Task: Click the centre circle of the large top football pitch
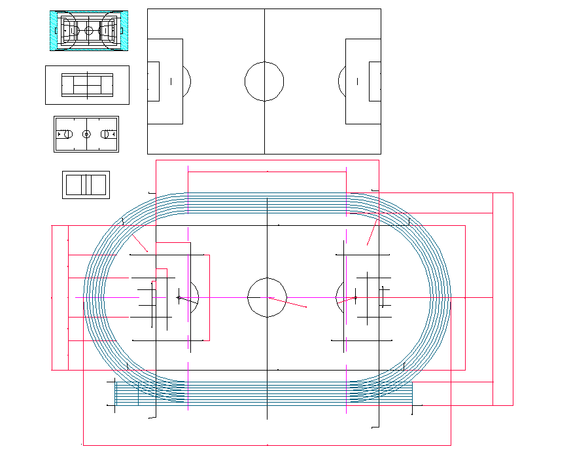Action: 264,81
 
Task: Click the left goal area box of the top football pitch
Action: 154,81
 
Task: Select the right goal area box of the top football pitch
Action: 375,81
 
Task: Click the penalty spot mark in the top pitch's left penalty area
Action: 171,81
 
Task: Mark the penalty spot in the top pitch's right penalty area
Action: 358,81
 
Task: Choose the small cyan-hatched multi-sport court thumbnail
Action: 88,30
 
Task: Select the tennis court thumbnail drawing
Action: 87,85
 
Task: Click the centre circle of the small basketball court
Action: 86,134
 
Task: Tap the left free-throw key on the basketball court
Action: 64,134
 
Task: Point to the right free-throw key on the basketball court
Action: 108,134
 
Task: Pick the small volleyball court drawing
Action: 86,185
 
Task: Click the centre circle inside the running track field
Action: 267,297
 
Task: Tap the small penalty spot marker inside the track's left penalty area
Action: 178,297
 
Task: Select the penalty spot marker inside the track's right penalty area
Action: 355,298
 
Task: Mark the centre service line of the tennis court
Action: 87,85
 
